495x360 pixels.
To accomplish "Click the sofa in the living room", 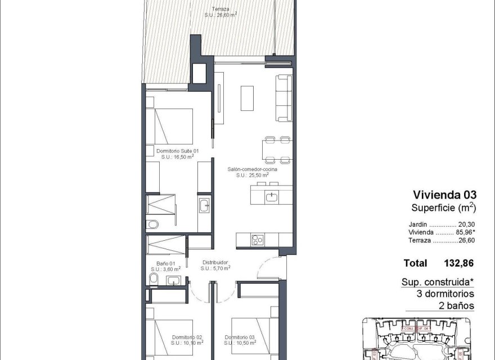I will pyautogui.click(x=284, y=98).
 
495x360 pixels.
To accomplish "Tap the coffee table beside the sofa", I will pyautogui.click(x=247, y=98).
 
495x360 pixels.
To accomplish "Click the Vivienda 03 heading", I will pyautogui.click(x=444, y=195).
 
